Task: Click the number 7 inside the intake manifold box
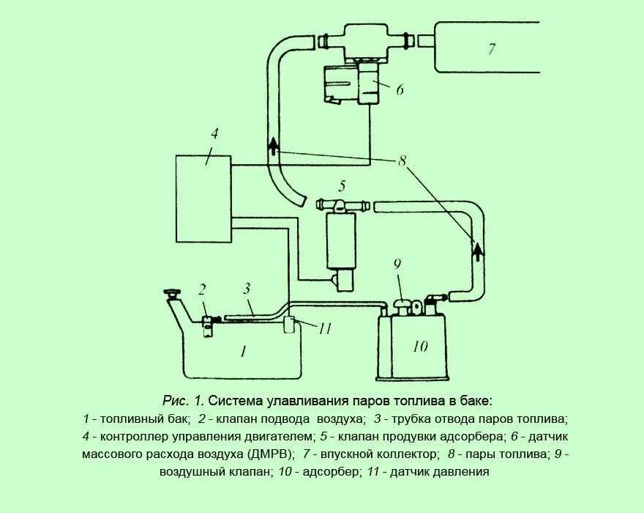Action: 492,49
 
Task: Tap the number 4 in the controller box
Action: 214,134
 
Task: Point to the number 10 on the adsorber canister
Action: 420,345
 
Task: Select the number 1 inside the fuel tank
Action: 243,351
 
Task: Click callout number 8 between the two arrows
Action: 401,160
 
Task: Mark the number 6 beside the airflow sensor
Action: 400,90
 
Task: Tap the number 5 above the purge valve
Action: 341,185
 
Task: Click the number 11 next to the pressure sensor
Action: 325,328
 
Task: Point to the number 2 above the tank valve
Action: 203,288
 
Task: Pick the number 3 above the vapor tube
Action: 247,288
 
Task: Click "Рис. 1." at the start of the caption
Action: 183,401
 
